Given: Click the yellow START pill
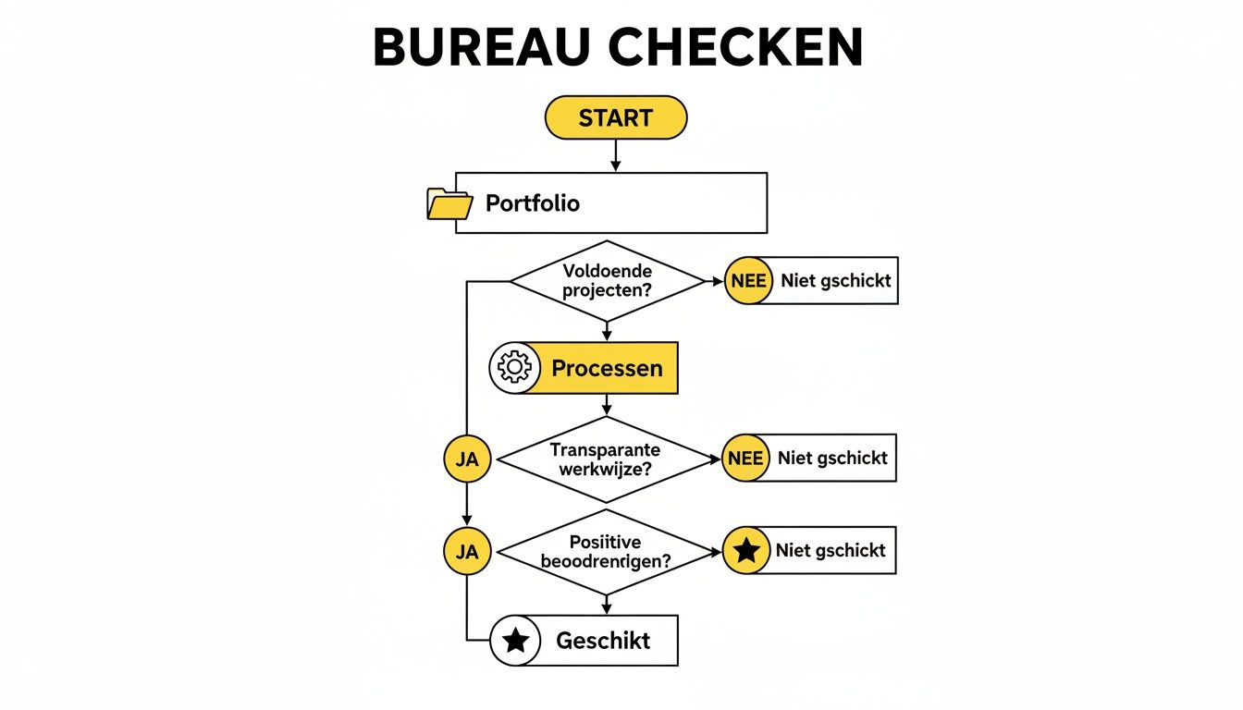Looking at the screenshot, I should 616,117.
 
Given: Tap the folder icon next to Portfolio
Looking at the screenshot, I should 449,203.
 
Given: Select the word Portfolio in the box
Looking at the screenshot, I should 533,203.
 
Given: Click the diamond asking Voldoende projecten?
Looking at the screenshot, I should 608,281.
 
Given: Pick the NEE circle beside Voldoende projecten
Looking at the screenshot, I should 747,281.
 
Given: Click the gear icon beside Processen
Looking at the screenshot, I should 513,368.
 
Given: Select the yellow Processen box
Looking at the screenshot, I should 606,368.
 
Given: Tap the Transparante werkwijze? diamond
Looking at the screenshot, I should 606,459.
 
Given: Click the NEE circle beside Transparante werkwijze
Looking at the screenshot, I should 745,459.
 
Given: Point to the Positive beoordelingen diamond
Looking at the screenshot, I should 606,552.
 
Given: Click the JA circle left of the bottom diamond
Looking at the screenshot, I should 467,552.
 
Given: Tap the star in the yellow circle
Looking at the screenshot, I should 745,552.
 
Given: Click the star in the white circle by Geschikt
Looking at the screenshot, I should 515,641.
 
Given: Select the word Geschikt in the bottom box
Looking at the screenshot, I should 603,641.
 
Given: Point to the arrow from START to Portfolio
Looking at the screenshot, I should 616,156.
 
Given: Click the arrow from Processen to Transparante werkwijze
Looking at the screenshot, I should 607,404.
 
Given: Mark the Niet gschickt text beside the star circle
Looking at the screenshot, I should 831,551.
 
